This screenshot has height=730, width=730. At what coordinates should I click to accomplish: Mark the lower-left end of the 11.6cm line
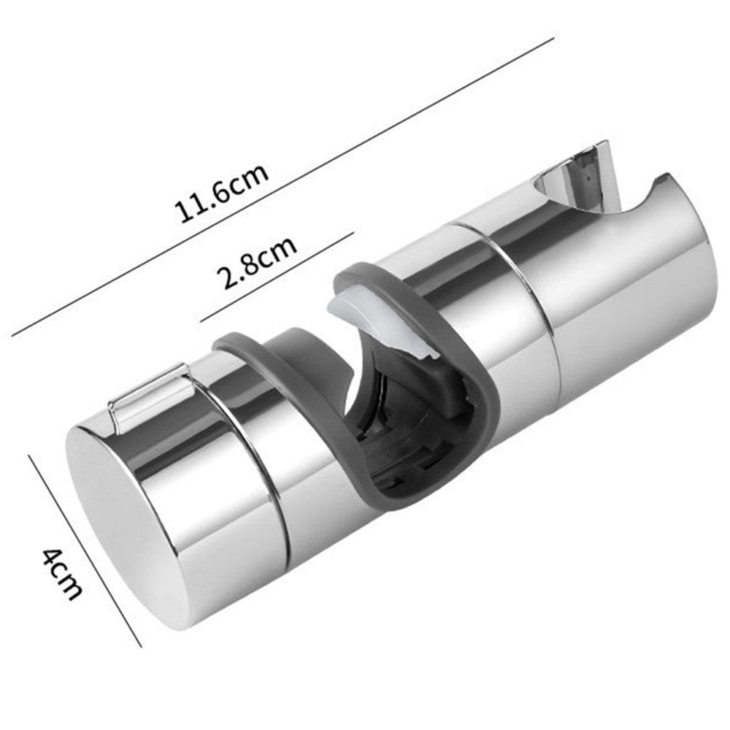coord(12,337)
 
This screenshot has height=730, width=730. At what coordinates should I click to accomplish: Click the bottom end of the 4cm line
coord(141,645)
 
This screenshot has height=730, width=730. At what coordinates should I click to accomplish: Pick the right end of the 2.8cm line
coord(353,234)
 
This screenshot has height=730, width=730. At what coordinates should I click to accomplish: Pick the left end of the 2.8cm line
coord(201,320)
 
